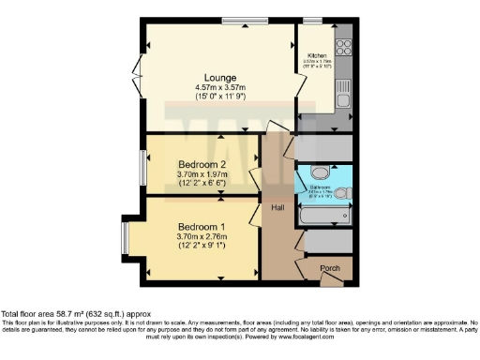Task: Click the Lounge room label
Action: [221, 77]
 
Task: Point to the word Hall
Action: [278, 207]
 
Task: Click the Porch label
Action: [330, 268]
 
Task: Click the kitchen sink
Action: [343, 93]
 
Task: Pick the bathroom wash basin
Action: [343, 195]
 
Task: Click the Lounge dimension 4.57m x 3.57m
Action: [221, 87]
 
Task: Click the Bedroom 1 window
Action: [123, 237]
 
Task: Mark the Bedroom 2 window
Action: [146, 165]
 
